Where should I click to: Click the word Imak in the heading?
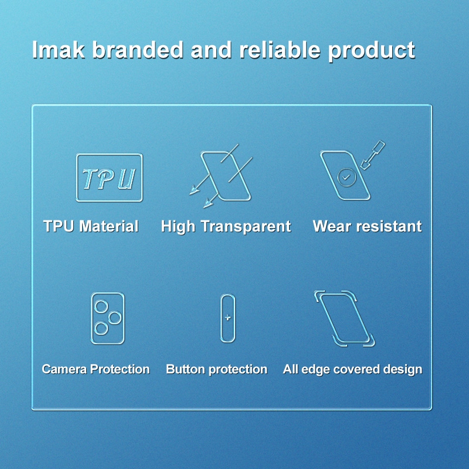tap(58, 49)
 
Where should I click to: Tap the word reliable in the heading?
tap(280, 49)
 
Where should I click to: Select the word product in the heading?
tap(371, 52)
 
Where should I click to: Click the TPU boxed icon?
tap(109, 178)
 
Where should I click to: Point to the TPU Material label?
tap(91, 226)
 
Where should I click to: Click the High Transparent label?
tap(226, 227)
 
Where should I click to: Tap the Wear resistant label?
tap(368, 226)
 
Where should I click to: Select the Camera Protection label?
tap(96, 369)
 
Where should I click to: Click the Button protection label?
tap(216, 369)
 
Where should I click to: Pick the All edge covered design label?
tap(353, 370)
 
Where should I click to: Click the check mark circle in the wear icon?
tap(346, 178)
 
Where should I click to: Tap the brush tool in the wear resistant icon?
tap(373, 155)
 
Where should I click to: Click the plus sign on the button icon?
tap(227, 317)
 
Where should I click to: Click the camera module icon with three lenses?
tap(108, 318)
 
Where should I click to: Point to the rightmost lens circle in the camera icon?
tap(115, 318)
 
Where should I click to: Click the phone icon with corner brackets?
tap(344, 318)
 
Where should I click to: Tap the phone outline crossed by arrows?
tap(226, 176)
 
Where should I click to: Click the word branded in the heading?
tap(138, 49)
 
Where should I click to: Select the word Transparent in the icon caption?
tap(246, 227)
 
